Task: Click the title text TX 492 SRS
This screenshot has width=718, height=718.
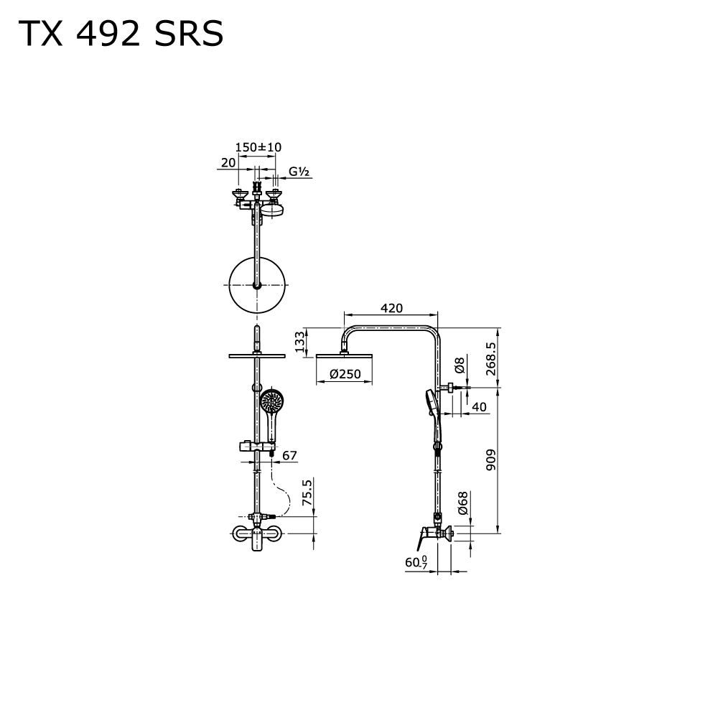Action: click(121, 34)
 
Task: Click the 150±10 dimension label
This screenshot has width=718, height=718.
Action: click(258, 147)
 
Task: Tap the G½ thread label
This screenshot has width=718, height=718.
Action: click(299, 172)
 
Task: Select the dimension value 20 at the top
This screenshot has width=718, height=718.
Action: click(228, 162)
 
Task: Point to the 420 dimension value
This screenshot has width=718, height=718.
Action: click(391, 308)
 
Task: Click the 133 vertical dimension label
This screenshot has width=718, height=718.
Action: click(299, 342)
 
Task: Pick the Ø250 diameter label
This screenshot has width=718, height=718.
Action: click(345, 374)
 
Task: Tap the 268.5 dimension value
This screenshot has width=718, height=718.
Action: click(491, 359)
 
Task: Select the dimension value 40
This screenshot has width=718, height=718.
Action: click(479, 407)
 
